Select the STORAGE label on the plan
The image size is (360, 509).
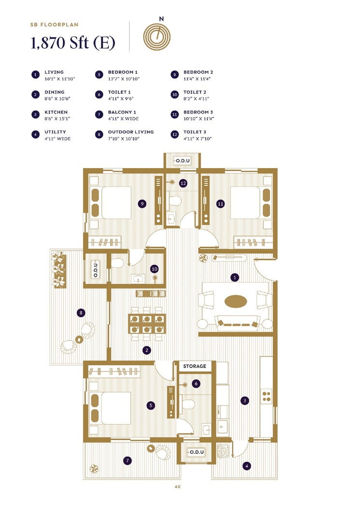click(x=194, y=367)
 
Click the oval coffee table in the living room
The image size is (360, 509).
click(x=235, y=301)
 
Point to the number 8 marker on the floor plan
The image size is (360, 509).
click(x=81, y=313)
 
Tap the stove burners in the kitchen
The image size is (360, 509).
click(x=266, y=396)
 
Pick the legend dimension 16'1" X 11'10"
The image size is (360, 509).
click(x=60, y=78)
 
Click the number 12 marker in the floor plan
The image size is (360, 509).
click(x=183, y=184)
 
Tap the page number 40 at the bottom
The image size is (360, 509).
click(x=177, y=487)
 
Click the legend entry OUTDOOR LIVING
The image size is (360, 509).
click(x=130, y=132)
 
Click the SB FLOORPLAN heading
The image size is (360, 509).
click(x=54, y=24)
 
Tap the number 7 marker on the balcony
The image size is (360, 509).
click(x=127, y=461)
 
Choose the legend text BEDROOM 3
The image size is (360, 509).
click(x=198, y=112)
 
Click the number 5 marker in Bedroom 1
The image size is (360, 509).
click(x=151, y=406)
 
